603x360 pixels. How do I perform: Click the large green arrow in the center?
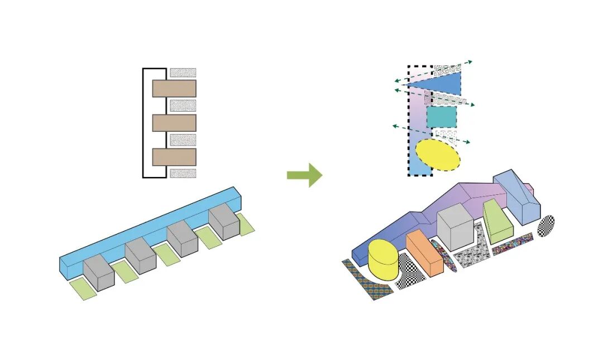coord(305,175)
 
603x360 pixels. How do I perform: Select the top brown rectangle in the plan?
coord(174,88)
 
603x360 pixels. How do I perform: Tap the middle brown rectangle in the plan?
coord(174,123)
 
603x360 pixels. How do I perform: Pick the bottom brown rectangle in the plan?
coord(174,157)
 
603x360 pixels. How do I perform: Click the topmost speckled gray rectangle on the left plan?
coord(183,73)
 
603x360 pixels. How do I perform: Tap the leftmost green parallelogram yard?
coord(82,290)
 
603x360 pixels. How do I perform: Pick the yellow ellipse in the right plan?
coord(438,155)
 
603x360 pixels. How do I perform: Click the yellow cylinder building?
coord(383,259)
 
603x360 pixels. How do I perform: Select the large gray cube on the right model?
coord(456,228)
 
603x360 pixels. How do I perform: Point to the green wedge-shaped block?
coord(498,221)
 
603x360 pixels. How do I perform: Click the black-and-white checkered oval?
coord(546,225)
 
